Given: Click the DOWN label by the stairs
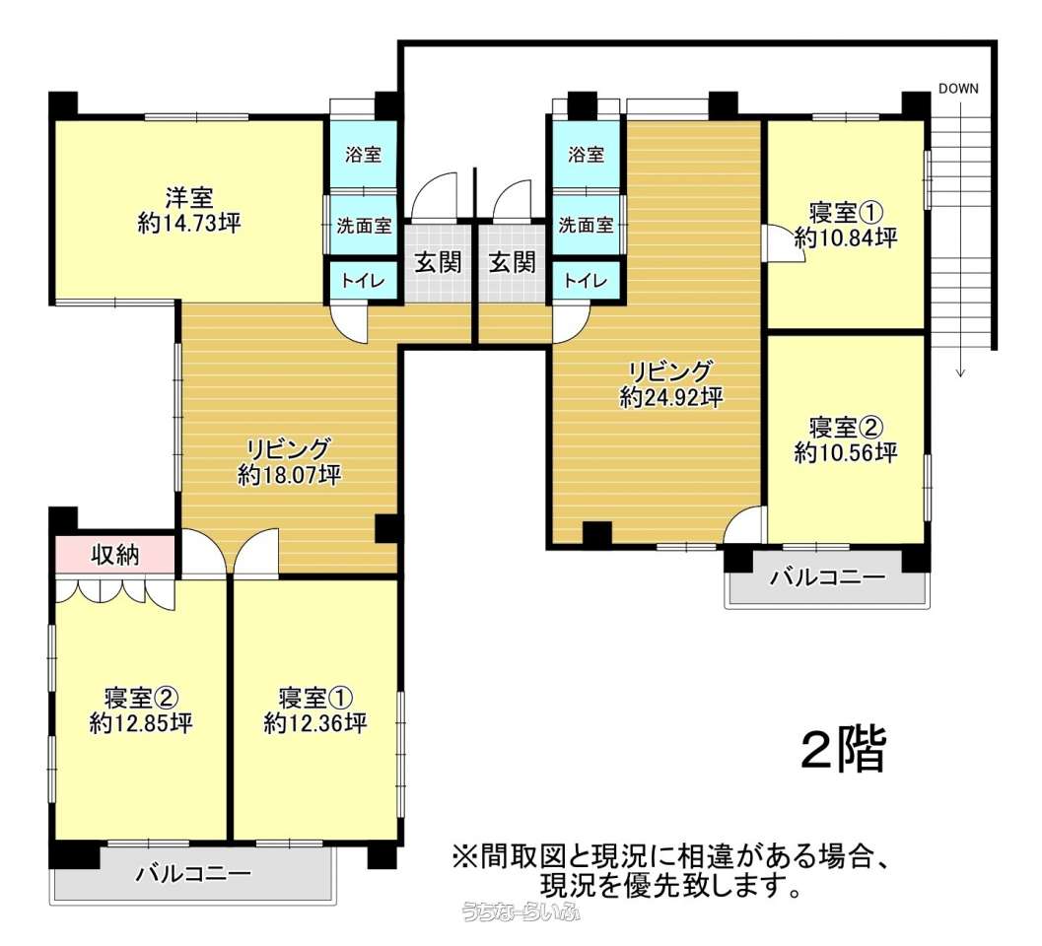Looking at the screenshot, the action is coord(958,89).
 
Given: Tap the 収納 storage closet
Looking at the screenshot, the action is coord(115,554).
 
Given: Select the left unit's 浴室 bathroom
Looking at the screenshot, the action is coord(364,155).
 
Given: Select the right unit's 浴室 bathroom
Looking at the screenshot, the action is coord(587,155).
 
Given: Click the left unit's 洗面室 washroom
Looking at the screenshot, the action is coord(364,226).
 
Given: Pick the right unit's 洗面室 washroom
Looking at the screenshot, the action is coord(587,226).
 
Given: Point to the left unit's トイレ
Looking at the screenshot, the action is coord(364,280).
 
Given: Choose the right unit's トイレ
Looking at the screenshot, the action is coord(587,280).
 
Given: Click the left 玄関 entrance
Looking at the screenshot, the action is coord(438,262).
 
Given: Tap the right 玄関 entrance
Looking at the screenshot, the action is coord(513,262).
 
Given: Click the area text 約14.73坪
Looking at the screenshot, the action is coord(189,224).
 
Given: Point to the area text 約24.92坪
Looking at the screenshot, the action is coord(671,397).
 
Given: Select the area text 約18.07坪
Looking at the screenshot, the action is coord(290,474).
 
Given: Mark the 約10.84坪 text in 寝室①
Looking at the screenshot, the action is coord(846,237).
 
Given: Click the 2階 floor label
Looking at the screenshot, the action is coord(844,750).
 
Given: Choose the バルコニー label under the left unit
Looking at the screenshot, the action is coord(194,873).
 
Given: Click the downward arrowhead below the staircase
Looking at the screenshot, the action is coord(960,372).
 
